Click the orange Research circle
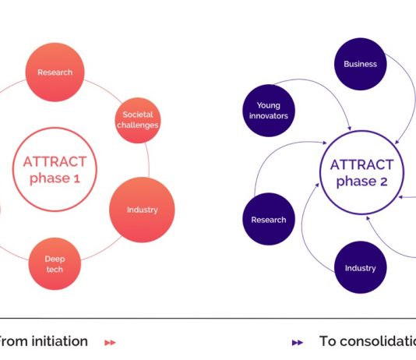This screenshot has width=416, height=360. [x=55, y=72]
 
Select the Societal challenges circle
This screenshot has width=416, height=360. [x=138, y=120]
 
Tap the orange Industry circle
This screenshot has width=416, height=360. [x=142, y=210]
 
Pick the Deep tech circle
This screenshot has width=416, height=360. [x=55, y=263]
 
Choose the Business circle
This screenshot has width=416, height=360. [x=360, y=64]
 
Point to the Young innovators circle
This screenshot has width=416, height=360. [x=269, y=111]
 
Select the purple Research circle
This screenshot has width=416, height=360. [x=269, y=219]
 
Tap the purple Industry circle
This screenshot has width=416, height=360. [x=360, y=267]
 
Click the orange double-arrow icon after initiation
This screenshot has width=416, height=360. [x=110, y=343]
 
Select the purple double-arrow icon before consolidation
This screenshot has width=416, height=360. [x=298, y=343]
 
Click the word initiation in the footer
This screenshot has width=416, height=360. [x=60, y=341]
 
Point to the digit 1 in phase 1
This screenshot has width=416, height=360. [x=76, y=178]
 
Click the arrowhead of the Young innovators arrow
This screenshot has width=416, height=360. [x=350, y=128]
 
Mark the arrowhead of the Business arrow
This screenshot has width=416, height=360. [x=397, y=142]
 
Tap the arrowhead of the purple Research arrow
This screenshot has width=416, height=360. [x=325, y=143]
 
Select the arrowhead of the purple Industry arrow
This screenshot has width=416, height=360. [x=317, y=185]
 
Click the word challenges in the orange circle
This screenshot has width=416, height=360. [x=138, y=125]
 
